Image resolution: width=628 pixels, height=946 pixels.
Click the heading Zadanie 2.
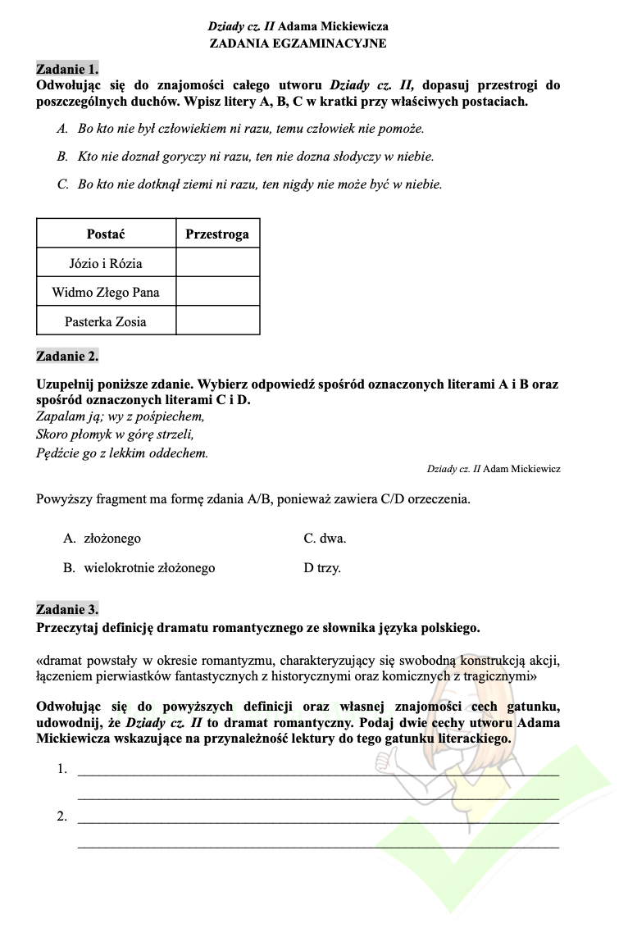67,356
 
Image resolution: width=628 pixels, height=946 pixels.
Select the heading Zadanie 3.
67,609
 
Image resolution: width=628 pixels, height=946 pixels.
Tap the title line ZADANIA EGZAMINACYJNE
298,43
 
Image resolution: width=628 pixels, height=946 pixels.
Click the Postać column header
106,234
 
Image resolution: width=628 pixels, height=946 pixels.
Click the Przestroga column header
217,234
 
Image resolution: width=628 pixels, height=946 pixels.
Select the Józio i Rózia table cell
106,263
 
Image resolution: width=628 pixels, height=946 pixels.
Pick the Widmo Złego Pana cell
106,292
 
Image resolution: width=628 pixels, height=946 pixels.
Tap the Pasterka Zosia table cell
106,321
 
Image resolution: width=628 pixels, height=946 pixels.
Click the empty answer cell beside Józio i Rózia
217,263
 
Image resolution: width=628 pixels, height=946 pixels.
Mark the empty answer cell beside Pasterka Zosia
217,321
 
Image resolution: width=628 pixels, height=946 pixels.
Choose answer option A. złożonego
102,539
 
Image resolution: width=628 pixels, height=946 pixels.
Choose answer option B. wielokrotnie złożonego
139,567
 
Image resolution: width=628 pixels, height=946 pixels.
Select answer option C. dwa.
325,539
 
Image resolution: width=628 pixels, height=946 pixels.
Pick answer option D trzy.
322,567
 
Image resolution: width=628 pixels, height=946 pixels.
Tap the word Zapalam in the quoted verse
57,416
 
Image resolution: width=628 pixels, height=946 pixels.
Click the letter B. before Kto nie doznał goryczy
62,156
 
